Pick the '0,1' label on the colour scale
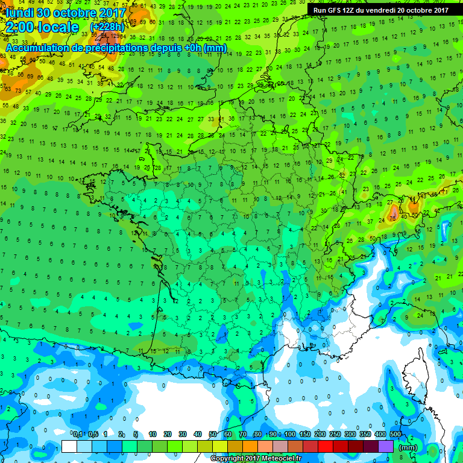[77, 434]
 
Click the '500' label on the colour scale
[395, 434]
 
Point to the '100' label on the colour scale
[290, 434]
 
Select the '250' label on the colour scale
[335, 434]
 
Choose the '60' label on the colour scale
[228, 434]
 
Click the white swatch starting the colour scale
[69, 447]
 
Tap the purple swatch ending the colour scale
[386, 447]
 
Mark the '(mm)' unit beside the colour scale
[408, 447]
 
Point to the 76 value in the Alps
[392, 217]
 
